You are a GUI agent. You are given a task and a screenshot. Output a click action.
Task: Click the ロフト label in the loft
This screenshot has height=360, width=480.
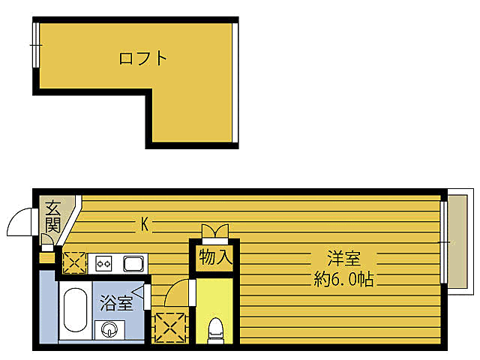tap(142, 58)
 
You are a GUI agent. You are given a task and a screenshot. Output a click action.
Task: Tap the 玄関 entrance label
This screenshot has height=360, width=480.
tap(52, 216)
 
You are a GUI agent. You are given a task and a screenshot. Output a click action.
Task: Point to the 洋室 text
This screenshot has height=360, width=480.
tap(344, 259)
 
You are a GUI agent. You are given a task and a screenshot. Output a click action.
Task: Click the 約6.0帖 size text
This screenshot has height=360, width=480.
tap(344, 280)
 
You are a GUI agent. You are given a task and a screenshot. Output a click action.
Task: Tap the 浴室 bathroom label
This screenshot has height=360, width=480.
tap(117, 304)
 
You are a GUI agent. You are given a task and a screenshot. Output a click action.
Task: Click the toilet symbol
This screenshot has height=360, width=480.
tap(216, 328)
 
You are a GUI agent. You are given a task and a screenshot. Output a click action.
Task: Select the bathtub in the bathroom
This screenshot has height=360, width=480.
tap(74, 309)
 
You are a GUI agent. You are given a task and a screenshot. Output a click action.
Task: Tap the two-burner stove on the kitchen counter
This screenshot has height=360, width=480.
tap(103, 263)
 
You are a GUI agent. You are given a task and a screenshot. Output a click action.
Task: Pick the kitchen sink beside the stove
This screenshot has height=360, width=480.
tap(133, 263)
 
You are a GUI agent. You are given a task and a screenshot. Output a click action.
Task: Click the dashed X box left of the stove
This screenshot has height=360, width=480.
tap(73, 262)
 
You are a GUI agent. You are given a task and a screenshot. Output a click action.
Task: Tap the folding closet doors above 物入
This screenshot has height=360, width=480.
tap(214, 231)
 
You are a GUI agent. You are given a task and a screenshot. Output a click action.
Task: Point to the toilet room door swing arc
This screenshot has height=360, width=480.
tap(177, 292)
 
